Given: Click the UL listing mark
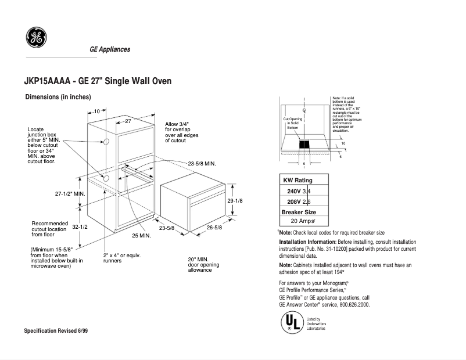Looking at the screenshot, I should click(291, 322).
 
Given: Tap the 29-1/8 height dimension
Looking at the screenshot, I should click(234, 200).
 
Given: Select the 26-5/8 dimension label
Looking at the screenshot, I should click(214, 228).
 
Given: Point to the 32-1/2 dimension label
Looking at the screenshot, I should click(80, 227).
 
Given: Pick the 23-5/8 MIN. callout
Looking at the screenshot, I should click(202, 164).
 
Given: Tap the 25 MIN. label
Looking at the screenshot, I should click(141, 236).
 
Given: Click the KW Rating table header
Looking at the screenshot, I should click(297, 180).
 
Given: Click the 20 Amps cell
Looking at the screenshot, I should click(303, 221).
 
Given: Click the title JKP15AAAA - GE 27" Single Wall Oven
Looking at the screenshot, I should click(98, 81).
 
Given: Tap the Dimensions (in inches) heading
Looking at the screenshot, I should click(58, 97).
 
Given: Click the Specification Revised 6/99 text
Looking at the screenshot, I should click(59, 330).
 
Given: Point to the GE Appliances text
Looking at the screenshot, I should click(110, 49).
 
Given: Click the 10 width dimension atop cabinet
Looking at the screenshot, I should click(96, 110).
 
